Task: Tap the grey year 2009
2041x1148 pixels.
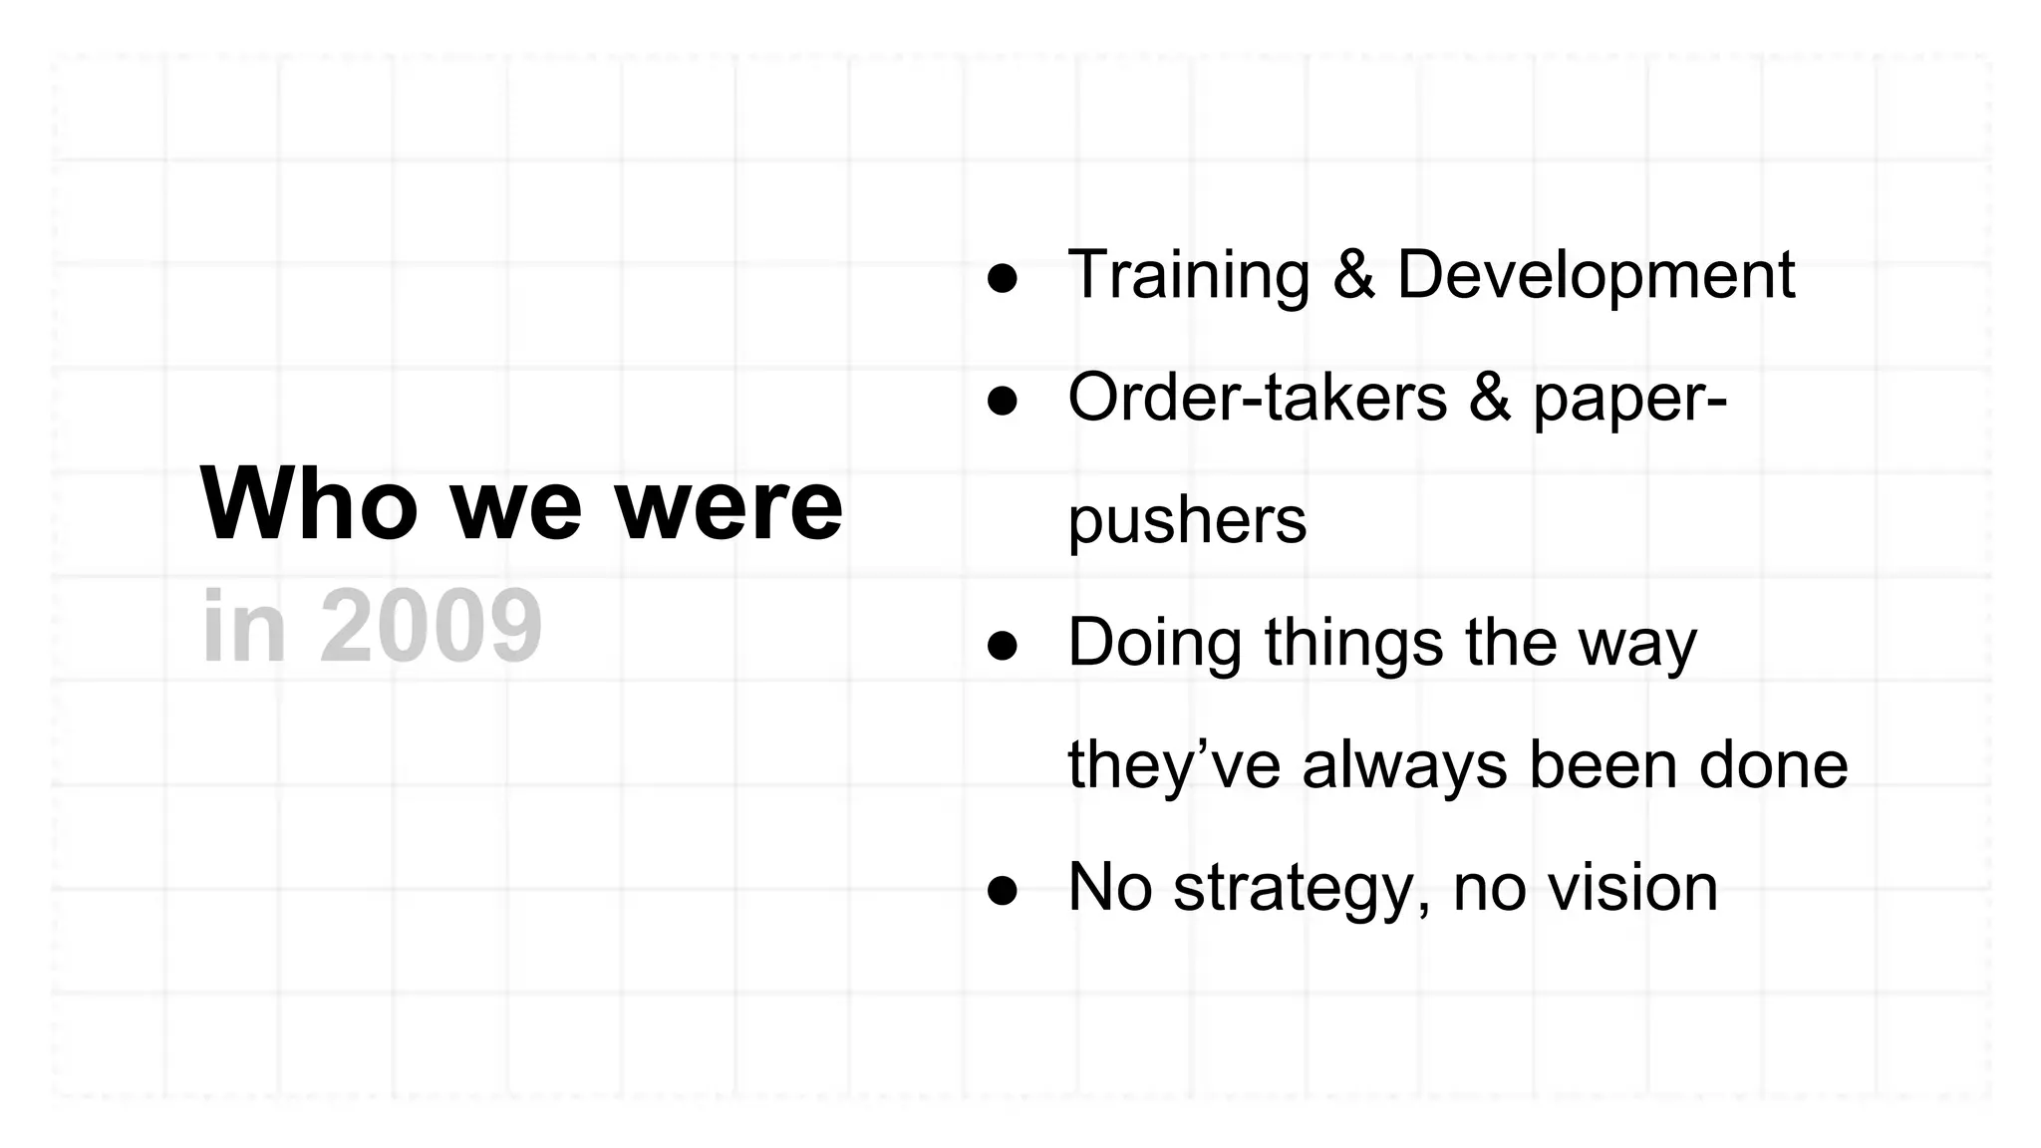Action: [431, 627]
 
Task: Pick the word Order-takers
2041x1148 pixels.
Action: [1257, 397]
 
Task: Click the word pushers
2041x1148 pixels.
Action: [1187, 521]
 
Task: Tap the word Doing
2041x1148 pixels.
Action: [1154, 643]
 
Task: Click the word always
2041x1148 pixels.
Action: [1404, 765]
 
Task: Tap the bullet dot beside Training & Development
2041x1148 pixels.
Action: [1002, 279]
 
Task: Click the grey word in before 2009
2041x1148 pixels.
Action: [244, 627]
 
